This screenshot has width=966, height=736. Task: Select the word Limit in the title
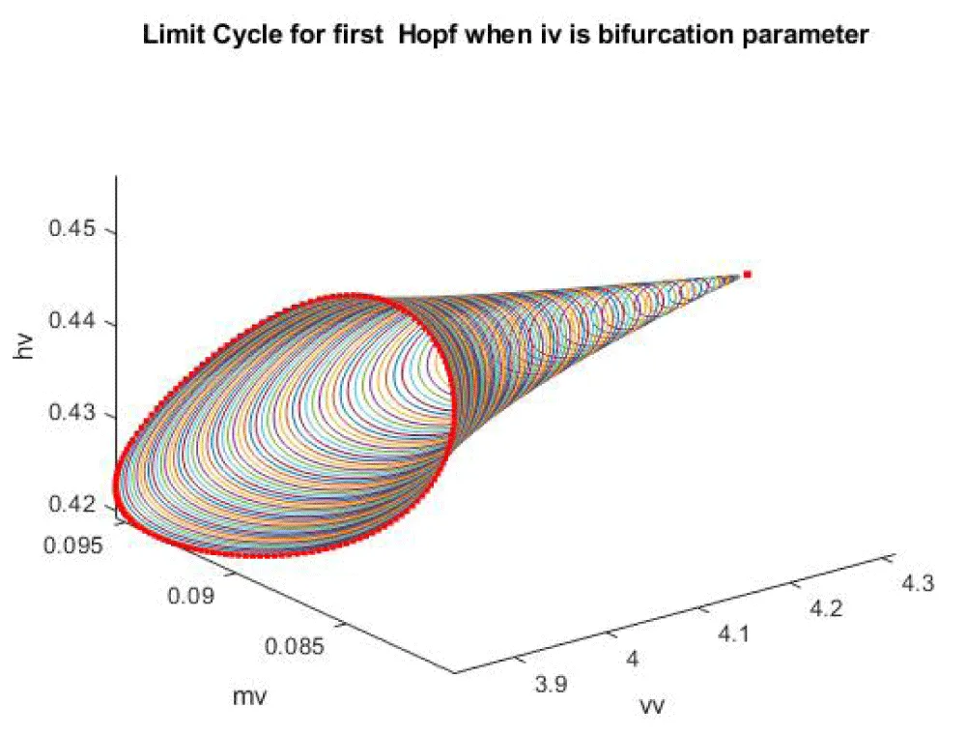click(172, 37)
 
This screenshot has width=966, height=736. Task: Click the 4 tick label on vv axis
click(634, 660)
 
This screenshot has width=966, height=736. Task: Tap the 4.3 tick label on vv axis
click(914, 584)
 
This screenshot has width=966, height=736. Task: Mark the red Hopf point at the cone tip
click(747, 275)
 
